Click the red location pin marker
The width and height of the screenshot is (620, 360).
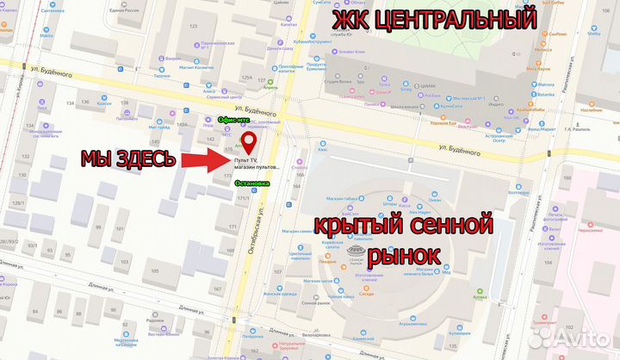point(247,141)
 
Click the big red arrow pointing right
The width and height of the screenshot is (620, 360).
point(206,160)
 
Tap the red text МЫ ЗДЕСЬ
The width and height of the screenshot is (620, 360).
point(128,159)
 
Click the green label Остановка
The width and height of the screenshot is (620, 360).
point(252,183)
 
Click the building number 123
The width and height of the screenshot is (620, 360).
point(193,28)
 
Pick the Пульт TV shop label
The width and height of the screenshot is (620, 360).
point(245,160)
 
